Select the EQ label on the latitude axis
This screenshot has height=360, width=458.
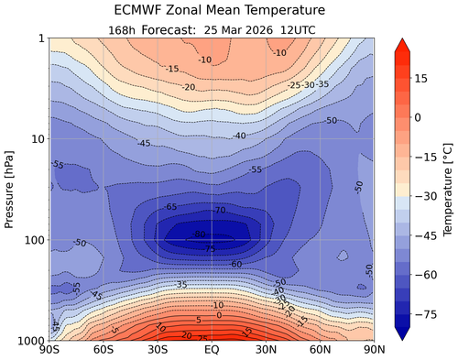211,351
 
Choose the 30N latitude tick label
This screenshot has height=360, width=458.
265,351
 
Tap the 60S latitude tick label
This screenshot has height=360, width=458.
103,351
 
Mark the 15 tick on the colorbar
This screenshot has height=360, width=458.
420,79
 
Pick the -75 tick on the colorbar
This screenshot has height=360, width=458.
422,312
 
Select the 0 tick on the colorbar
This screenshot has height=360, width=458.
418,117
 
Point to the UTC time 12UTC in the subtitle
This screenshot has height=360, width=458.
295,28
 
